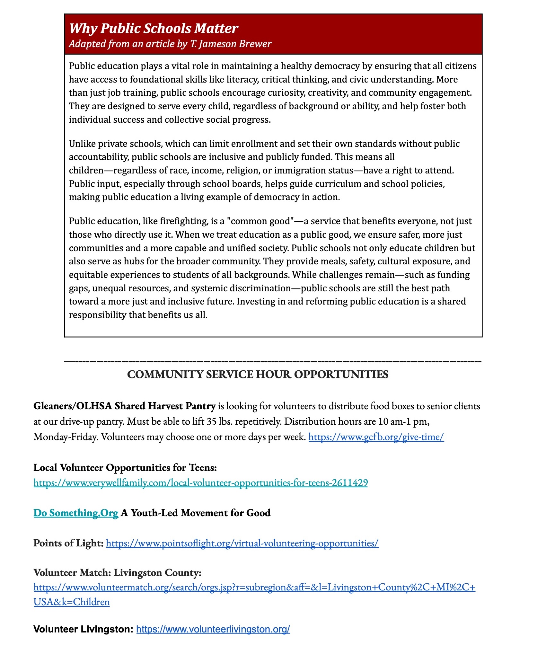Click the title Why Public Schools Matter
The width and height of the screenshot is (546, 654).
153,29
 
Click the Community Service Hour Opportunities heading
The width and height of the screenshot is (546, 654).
258,375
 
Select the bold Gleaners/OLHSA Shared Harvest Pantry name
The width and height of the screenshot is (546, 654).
124,406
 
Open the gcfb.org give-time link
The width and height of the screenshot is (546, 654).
376,437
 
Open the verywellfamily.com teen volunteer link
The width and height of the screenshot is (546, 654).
200,483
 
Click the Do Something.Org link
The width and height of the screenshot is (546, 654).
76,513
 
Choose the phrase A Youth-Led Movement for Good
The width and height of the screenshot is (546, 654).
196,513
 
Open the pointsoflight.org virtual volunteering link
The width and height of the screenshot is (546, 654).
242,543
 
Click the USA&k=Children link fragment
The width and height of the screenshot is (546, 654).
72,602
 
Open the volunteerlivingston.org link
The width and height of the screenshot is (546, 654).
213,629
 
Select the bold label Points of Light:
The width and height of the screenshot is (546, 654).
68,543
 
